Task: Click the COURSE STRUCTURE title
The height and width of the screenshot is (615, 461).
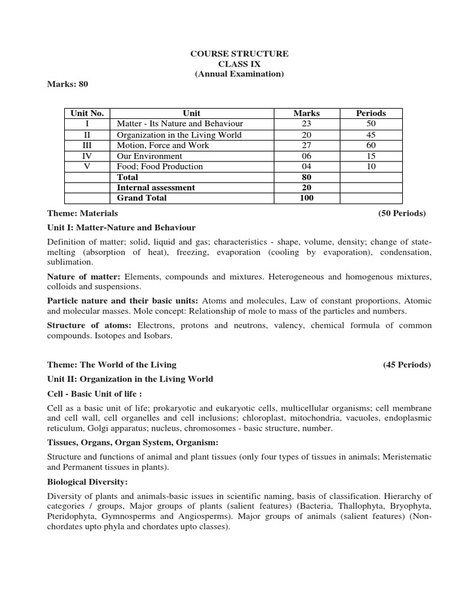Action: (x=239, y=54)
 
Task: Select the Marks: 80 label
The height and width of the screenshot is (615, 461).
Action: (x=68, y=84)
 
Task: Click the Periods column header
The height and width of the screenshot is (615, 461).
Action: (x=370, y=113)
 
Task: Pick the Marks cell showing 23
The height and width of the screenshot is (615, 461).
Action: (x=306, y=124)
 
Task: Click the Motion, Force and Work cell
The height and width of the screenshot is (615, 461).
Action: (x=160, y=145)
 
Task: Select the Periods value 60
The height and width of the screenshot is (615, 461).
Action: (x=370, y=145)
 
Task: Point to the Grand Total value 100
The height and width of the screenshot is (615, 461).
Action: (x=306, y=198)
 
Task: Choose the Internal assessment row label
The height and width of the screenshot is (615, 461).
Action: (x=155, y=187)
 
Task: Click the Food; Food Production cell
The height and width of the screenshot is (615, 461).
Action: (x=160, y=166)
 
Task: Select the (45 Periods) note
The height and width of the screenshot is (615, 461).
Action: (x=406, y=365)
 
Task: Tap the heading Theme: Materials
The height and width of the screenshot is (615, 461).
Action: (x=83, y=213)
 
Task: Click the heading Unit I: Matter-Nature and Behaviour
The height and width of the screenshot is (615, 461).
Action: (x=121, y=228)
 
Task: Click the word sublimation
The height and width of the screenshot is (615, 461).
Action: (x=70, y=262)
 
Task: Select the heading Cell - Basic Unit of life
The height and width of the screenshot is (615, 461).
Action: (x=94, y=393)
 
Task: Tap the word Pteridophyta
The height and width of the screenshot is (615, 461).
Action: (x=73, y=517)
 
